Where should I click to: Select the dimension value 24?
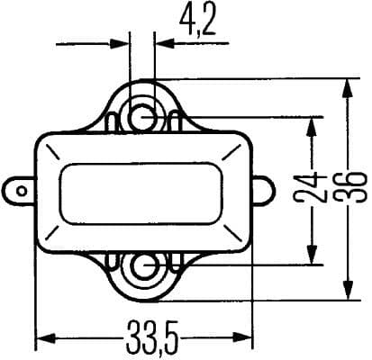click(314, 191)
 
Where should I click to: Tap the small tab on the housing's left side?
click(20, 190)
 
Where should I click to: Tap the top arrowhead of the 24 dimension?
click(313, 125)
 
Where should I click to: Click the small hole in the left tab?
click(17, 190)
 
